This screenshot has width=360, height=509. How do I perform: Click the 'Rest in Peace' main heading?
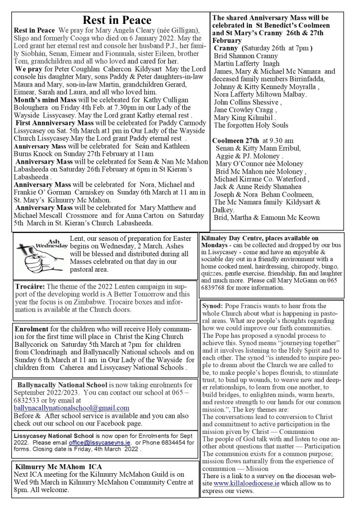click(117, 20)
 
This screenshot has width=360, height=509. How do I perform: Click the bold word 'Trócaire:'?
click(30, 287)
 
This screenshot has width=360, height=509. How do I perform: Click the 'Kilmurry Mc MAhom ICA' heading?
click(59, 467)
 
